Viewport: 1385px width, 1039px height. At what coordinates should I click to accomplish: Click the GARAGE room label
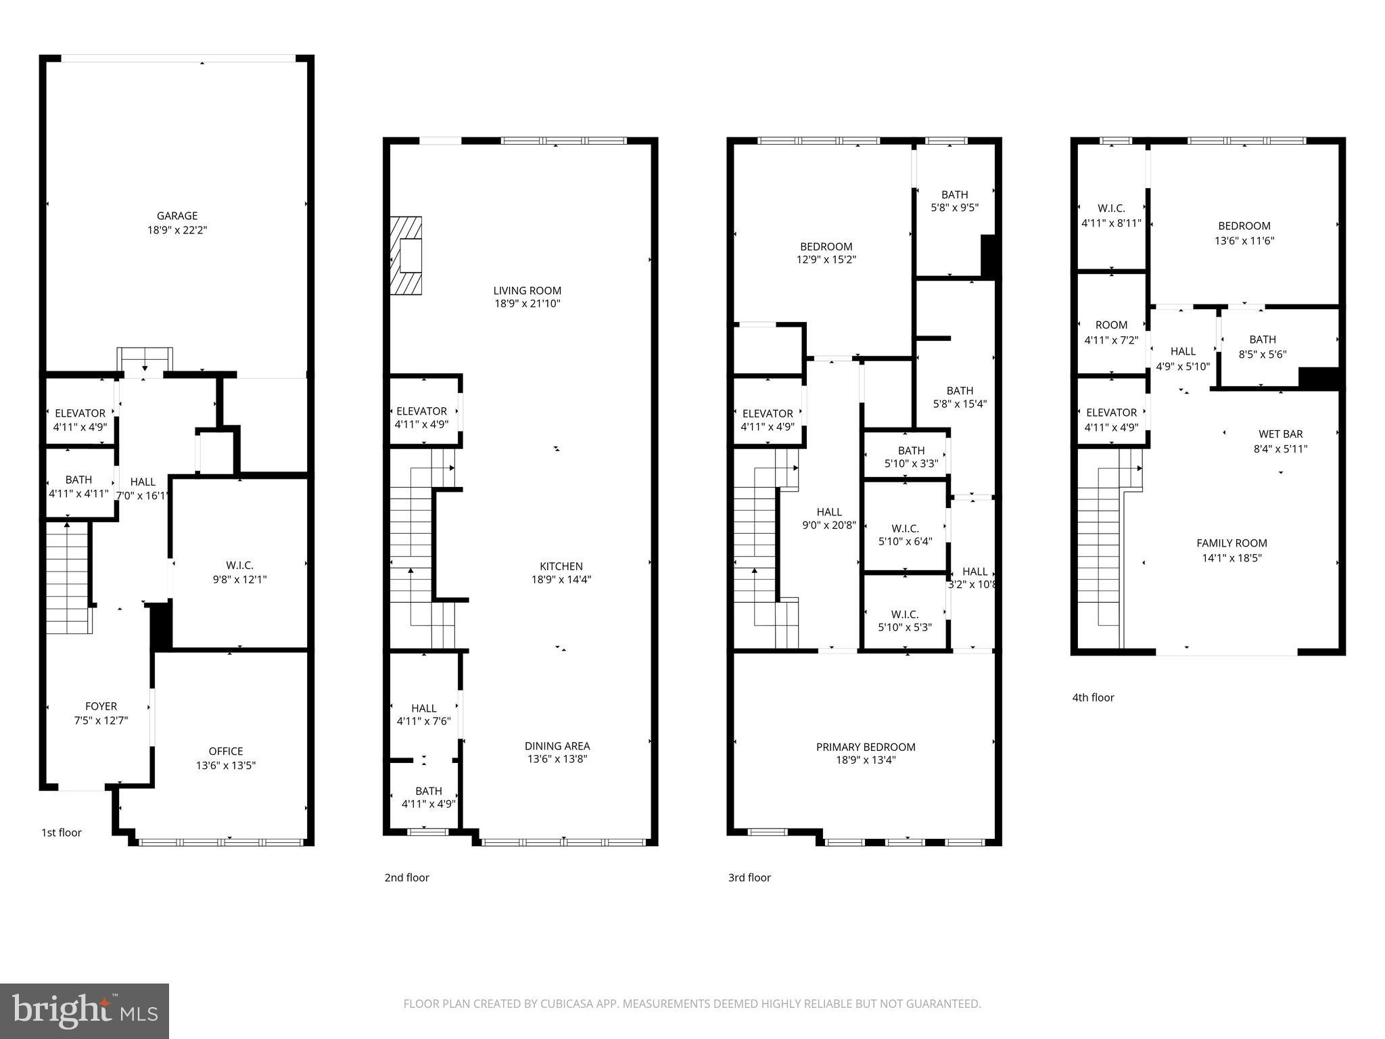(x=177, y=216)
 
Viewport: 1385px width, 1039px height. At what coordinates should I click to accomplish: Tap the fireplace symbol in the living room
(x=406, y=256)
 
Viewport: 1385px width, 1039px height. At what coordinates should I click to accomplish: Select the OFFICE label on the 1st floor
(x=225, y=751)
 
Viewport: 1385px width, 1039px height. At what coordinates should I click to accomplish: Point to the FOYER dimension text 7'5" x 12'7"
(x=101, y=720)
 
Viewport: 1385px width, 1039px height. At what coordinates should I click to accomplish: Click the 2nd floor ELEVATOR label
(x=421, y=411)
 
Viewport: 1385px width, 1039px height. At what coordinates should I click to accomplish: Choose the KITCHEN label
(x=561, y=566)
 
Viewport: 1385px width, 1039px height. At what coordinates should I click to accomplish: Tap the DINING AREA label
(x=557, y=745)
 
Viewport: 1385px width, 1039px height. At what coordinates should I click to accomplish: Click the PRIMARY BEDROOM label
(x=865, y=747)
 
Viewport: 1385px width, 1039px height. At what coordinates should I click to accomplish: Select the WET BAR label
(x=1280, y=434)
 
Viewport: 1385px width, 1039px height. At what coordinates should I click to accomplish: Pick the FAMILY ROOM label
(x=1231, y=543)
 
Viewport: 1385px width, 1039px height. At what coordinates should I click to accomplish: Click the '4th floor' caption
(x=1092, y=697)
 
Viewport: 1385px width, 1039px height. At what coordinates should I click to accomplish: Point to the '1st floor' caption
(x=61, y=833)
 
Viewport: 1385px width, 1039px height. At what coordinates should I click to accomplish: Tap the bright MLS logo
(x=85, y=1011)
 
